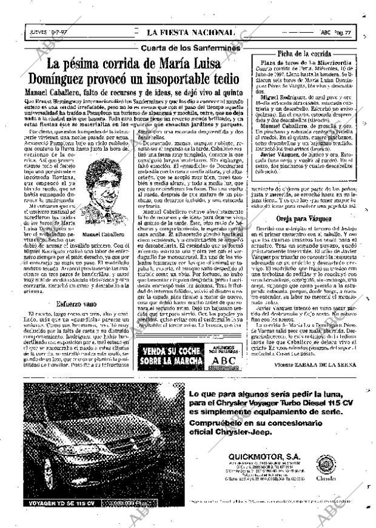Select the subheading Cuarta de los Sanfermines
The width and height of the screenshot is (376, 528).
(190, 48)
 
